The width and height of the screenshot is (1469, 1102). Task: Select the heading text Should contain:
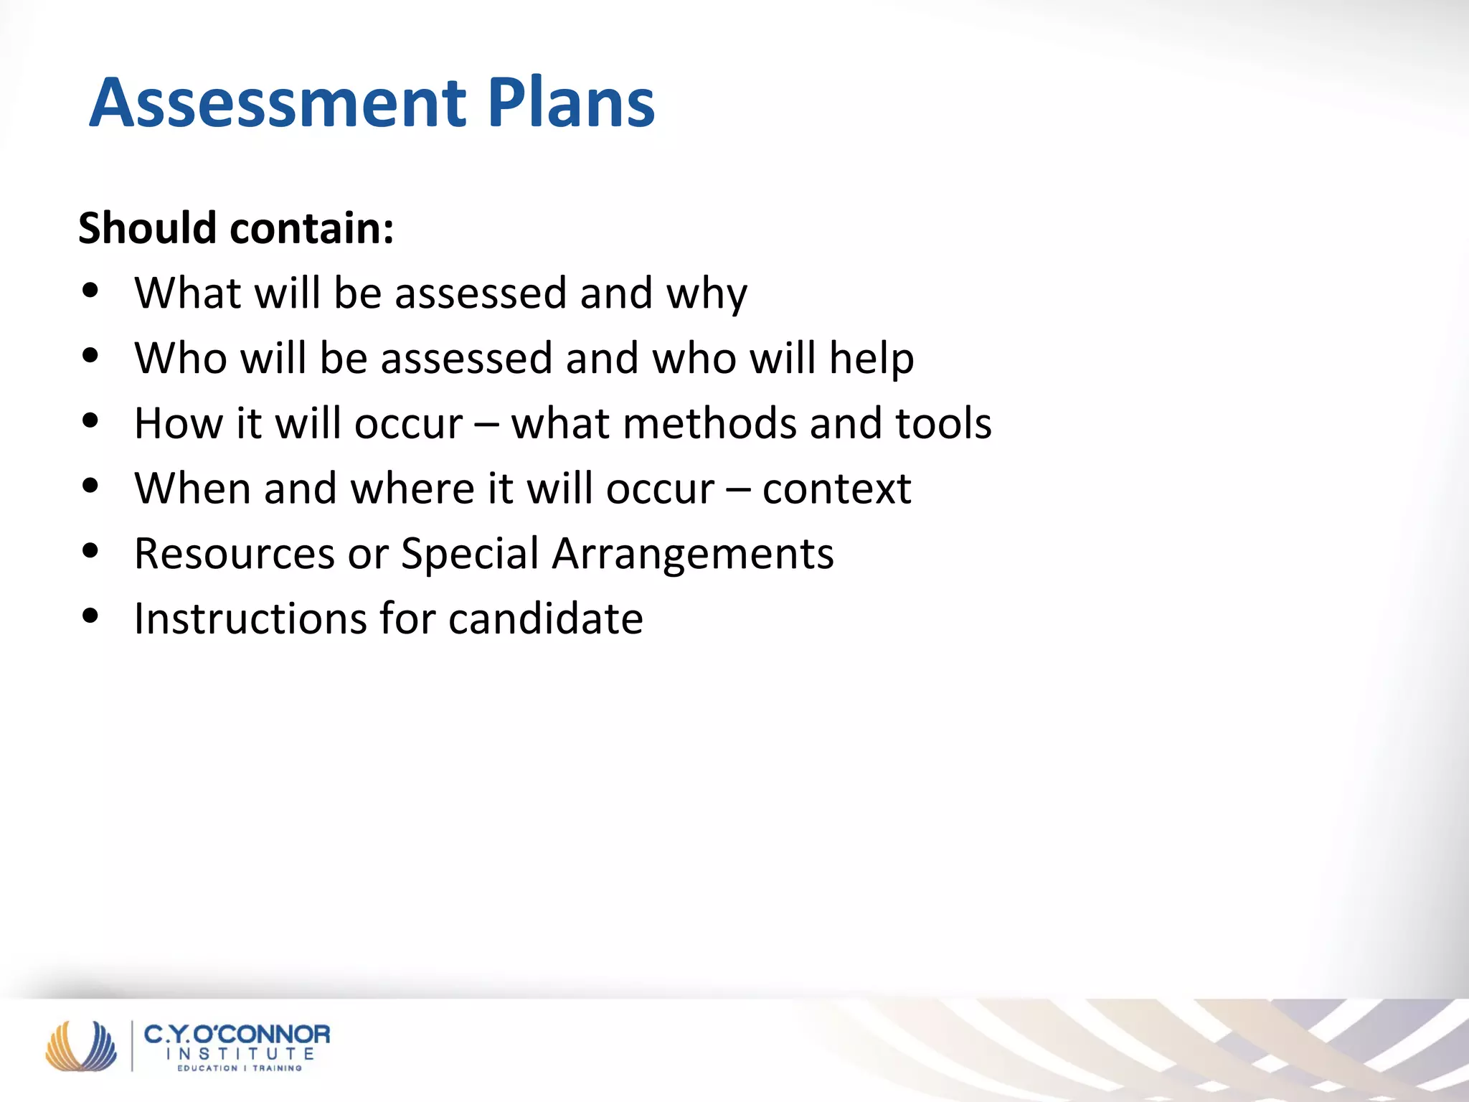pyautogui.click(x=236, y=228)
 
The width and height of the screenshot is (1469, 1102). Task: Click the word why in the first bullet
pyautogui.click(x=707, y=294)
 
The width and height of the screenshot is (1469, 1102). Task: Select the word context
pyautogui.click(x=836, y=489)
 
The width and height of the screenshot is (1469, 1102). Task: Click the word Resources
pyautogui.click(x=235, y=554)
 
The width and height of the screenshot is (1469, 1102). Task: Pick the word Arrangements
pyautogui.click(x=693, y=554)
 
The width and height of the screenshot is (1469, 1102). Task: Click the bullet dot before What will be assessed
pyautogui.click(x=90, y=291)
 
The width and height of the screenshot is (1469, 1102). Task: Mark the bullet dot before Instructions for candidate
pyautogui.click(x=90, y=616)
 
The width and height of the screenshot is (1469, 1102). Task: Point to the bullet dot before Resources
pyautogui.click(x=90, y=551)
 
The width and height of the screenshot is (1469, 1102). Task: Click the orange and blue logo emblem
pyautogui.click(x=81, y=1045)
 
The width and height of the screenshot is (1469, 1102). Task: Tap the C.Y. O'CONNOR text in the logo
pyautogui.click(x=237, y=1034)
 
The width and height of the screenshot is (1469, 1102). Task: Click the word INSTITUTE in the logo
pyautogui.click(x=240, y=1054)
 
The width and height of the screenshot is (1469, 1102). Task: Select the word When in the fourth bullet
pyautogui.click(x=192, y=489)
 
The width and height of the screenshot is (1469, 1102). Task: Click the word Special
pyautogui.click(x=470, y=554)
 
